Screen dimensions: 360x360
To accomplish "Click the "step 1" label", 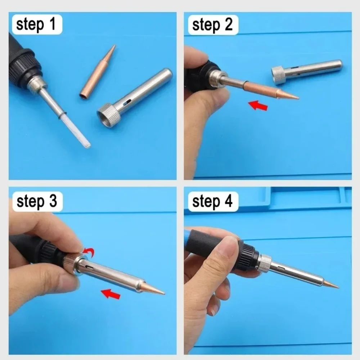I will pyautogui.click(x=36, y=25).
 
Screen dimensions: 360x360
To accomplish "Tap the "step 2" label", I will pyautogui.click(x=212, y=25).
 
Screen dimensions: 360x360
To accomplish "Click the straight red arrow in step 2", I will pyautogui.click(x=258, y=105).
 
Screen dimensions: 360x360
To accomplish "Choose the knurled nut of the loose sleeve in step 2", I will pyautogui.click(x=278, y=75).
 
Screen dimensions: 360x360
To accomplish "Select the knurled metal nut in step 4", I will pyautogui.click(x=265, y=263).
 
